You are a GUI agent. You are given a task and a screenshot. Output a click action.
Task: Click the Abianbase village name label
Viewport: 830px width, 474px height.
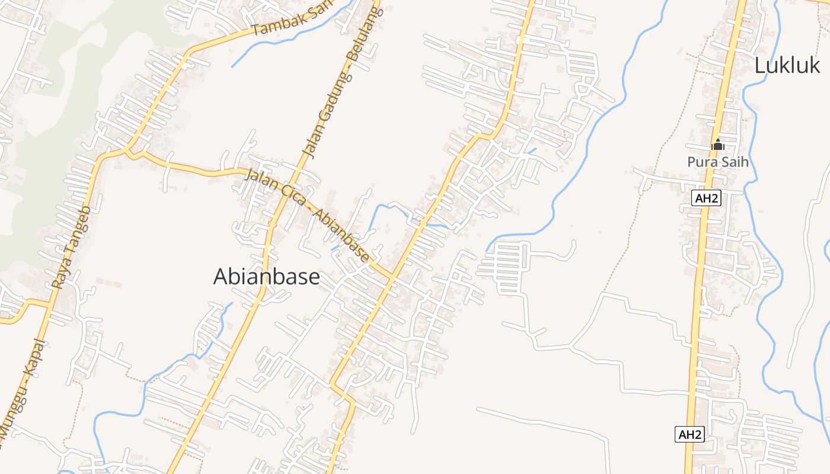(x=266, y=277)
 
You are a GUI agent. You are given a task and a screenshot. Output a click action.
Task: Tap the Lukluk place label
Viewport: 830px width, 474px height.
(x=787, y=66)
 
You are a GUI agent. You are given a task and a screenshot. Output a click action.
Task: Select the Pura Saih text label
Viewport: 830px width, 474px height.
(x=717, y=161)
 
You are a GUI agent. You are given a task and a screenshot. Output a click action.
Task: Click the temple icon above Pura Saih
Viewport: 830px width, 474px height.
(x=717, y=144)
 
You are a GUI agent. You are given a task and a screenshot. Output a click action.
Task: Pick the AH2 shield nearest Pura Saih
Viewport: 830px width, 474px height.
(x=706, y=198)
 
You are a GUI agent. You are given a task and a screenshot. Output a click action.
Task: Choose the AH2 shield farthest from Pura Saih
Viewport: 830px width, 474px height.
(x=689, y=434)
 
